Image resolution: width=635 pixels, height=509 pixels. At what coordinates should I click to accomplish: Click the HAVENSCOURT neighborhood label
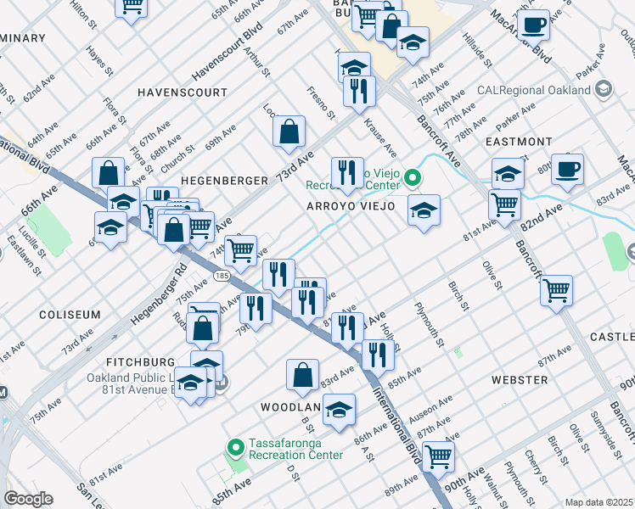(183, 92)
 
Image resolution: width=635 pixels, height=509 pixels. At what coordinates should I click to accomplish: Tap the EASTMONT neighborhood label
(518, 141)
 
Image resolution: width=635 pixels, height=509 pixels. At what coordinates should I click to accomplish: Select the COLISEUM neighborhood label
(70, 314)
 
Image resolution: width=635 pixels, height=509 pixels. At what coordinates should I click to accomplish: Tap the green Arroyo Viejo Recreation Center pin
(413, 177)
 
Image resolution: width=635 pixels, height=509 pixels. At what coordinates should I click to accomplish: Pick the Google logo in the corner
(28, 499)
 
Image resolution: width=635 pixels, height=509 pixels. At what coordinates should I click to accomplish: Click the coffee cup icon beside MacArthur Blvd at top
(533, 25)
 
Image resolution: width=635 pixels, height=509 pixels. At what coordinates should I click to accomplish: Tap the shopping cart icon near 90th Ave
(438, 456)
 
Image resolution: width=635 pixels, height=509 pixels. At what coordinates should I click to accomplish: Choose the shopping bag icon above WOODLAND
(303, 374)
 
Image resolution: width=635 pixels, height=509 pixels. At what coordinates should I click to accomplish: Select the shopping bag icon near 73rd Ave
(289, 131)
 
